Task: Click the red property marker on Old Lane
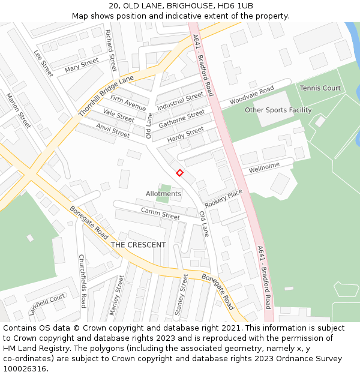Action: pyautogui.click(x=179, y=173)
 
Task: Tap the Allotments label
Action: pyautogui.click(x=163, y=194)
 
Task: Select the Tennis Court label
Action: pyautogui.click(x=320, y=88)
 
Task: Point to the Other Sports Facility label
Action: pyautogui.click(x=278, y=110)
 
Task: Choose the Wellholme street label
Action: pyautogui.click(x=265, y=169)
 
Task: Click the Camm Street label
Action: pyautogui.click(x=160, y=213)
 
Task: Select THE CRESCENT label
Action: pyautogui.click(x=138, y=245)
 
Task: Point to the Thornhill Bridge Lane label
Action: pyautogui.click(x=106, y=96)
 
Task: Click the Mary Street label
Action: pyautogui.click(x=82, y=65)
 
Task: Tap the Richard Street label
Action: pyautogui.click(x=111, y=50)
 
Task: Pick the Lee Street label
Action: pyautogui.click(x=44, y=63)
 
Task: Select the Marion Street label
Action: pyautogui.click(x=19, y=110)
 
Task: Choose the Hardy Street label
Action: pyautogui.click(x=185, y=135)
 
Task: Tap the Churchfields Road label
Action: pyautogui.click(x=83, y=281)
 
